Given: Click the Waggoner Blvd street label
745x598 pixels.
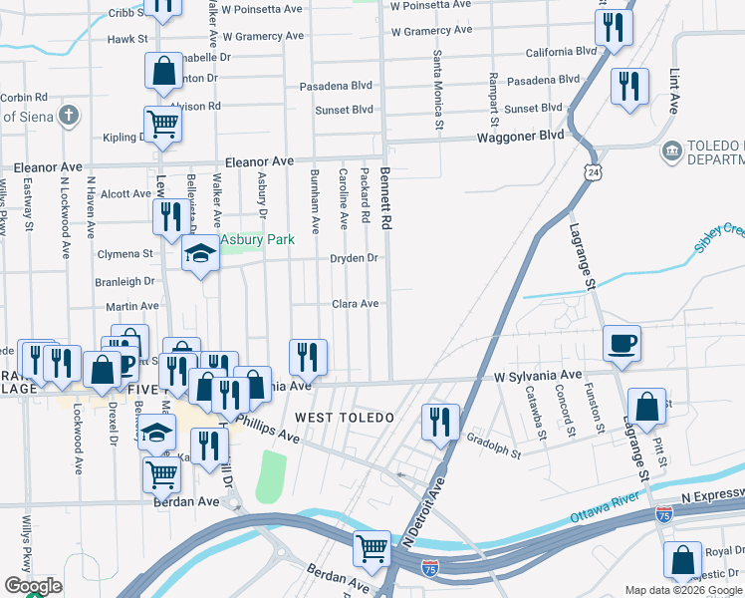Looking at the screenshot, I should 519,137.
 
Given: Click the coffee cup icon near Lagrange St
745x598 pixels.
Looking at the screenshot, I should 622,343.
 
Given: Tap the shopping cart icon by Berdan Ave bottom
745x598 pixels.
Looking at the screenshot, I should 372,546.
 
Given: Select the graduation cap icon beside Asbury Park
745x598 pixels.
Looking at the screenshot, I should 200,255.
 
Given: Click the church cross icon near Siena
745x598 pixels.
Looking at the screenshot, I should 69,116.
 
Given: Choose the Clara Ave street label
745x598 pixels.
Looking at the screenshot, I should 355,304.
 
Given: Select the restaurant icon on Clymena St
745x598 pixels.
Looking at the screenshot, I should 168,215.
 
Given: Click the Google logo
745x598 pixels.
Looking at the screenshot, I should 33,586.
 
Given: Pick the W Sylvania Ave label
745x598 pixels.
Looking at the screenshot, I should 537,376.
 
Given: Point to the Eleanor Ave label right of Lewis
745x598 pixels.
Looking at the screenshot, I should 259,160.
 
